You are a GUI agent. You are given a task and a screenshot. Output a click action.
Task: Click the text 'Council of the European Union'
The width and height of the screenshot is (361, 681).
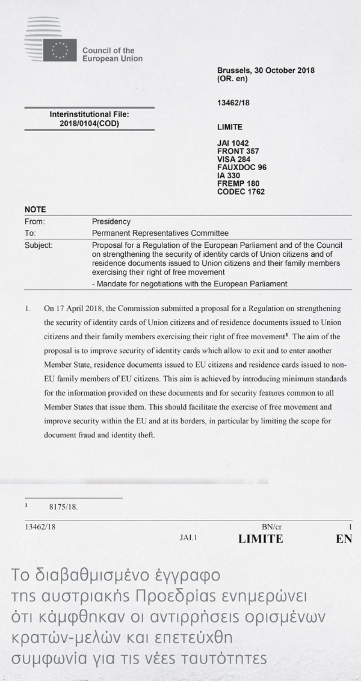[112, 55]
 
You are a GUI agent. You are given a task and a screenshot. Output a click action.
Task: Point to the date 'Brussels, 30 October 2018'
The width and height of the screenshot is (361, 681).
[266, 70]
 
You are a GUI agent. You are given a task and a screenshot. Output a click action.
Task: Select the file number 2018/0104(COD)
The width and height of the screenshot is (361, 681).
[89, 123]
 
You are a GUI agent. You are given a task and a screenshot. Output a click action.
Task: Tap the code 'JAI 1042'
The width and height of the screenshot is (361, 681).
[233, 143]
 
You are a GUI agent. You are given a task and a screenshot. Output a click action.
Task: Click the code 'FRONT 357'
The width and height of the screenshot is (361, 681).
[238, 151]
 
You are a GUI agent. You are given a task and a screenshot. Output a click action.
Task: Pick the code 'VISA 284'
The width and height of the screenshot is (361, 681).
[234, 159]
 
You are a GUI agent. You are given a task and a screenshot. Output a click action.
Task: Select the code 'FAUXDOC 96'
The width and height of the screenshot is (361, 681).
[242, 167]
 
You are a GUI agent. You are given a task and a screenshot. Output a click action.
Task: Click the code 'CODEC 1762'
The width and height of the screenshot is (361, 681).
[241, 192]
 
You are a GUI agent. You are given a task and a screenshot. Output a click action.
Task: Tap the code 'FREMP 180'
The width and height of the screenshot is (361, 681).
[238, 183]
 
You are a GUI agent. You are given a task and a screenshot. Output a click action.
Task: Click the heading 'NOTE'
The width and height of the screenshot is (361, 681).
[35, 210]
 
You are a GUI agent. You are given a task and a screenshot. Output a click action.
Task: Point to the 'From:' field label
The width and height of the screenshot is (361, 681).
[34, 222]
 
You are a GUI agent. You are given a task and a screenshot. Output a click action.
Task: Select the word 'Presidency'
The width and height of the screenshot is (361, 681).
[111, 222]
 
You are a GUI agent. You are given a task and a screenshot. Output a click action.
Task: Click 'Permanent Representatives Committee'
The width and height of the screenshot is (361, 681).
[160, 233]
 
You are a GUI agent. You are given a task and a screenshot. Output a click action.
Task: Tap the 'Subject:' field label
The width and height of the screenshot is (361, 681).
[39, 245]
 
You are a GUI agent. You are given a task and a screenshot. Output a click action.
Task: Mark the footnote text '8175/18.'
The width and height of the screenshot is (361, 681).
[63, 507]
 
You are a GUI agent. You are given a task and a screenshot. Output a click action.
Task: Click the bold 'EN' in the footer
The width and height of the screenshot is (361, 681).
[344, 539]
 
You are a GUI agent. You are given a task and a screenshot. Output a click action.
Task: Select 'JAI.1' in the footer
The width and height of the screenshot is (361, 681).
[188, 537]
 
